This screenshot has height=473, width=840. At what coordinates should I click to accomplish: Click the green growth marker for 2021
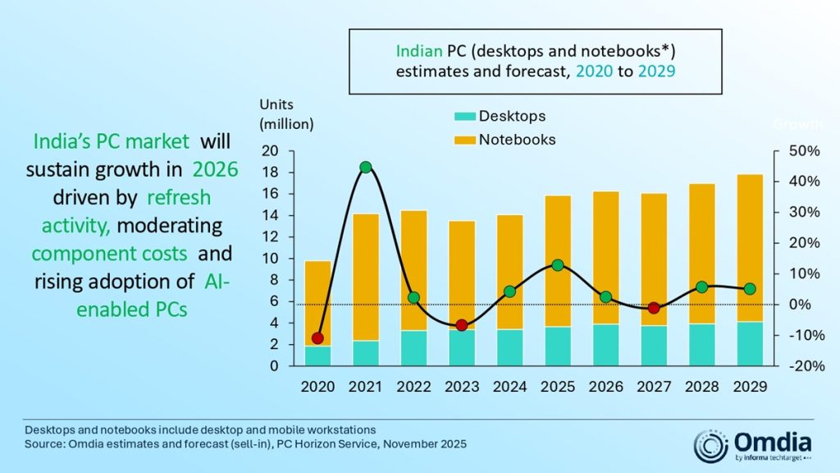pos(366,168)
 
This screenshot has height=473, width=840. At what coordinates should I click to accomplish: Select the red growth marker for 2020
pos(318,338)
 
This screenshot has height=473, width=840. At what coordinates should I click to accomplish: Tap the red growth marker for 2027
pos(654,308)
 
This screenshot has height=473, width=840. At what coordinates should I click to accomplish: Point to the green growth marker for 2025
pos(558,265)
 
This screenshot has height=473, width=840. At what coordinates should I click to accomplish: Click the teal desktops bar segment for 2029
pos(750,343)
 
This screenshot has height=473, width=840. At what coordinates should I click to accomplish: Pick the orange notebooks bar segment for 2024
pos(509,272)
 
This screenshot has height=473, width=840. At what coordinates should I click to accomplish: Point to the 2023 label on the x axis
pos(462,387)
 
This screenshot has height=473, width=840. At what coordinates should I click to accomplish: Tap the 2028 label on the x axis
pos(701,387)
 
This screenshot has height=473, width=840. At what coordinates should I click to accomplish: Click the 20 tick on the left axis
pos(272,151)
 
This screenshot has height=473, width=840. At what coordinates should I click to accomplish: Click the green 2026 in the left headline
pos(215,170)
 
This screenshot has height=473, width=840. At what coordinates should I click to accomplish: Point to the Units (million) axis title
pos(286,114)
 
